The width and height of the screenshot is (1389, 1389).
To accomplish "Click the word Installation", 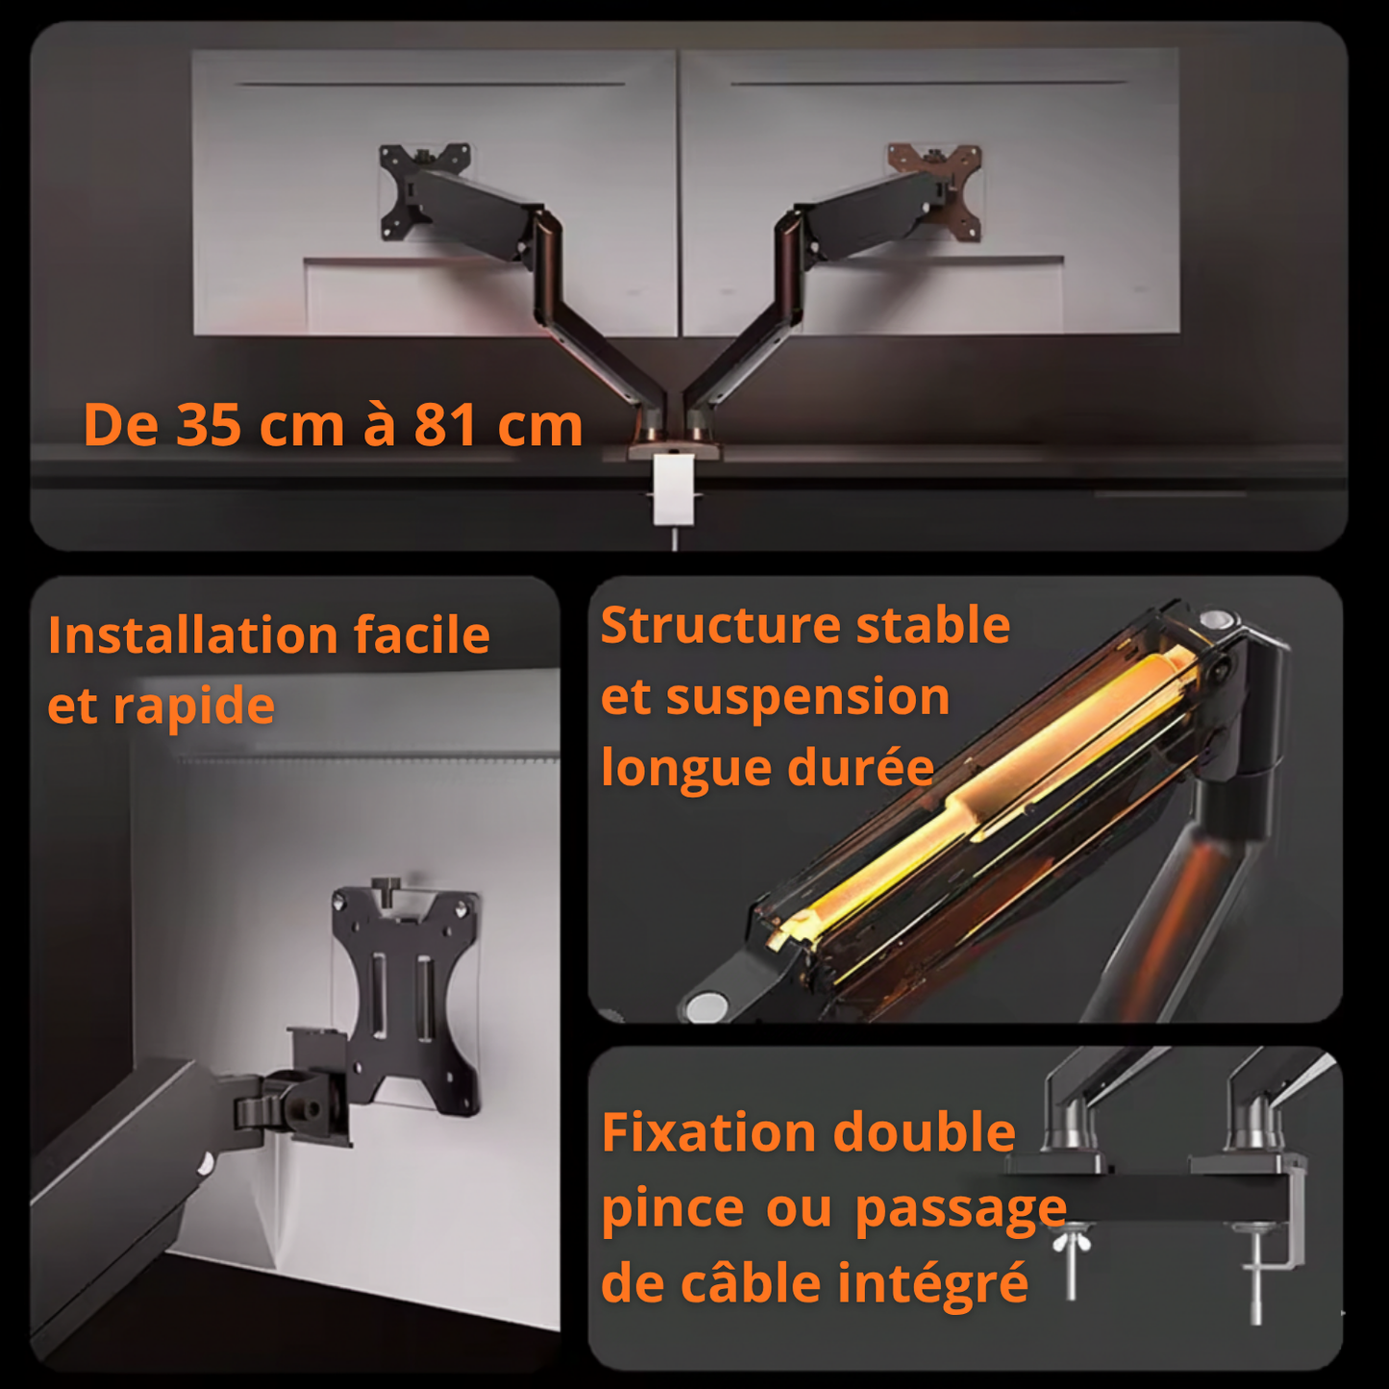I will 191,635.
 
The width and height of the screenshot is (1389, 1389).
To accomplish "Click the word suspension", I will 807,698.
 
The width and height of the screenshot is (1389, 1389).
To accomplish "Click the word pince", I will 672,1208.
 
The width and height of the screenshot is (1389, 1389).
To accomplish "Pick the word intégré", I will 931,1285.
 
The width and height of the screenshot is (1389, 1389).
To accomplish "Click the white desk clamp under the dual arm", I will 673,489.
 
